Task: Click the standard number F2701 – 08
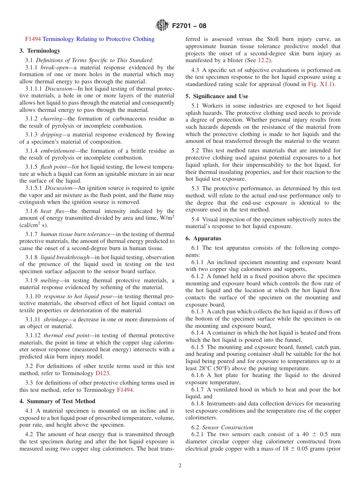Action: click(189, 26)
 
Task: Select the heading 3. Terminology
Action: click(40, 51)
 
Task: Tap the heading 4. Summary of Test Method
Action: click(57, 401)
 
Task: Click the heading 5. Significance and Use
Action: click(217, 96)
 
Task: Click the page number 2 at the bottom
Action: click(180, 466)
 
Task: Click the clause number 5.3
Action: click(196, 188)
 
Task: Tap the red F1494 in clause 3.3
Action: click(125, 390)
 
